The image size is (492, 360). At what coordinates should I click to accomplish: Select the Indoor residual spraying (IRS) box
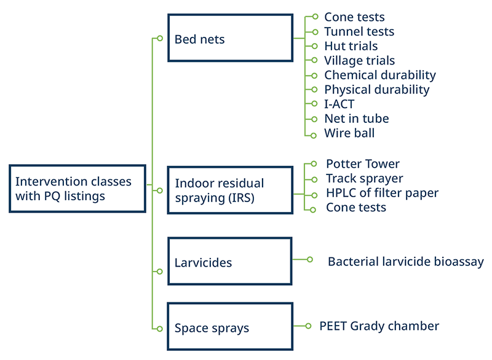pos(230,190)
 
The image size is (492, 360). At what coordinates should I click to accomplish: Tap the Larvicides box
pos(230,262)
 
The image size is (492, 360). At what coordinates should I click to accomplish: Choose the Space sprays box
pos(230,327)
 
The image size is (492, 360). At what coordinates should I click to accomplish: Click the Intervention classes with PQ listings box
pos(78,189)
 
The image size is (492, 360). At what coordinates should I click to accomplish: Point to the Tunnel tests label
pos(359,31)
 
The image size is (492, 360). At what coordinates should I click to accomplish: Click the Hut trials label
pos(351,46)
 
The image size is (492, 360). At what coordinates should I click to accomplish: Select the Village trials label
pos(359,60)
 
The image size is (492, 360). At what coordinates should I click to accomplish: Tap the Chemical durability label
pos(379,75)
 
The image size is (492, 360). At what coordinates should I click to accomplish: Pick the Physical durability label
pos(376,90)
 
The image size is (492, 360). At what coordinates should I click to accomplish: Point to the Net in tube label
pos(356,119)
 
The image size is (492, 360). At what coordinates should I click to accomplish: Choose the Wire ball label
pos(349,133)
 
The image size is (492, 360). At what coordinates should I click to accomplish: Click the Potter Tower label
pos(362,164)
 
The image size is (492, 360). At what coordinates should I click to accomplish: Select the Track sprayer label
pos(364,179)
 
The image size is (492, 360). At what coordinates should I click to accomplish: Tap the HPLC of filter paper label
pos(382,193)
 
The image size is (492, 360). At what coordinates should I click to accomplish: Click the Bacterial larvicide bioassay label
pos(405,262)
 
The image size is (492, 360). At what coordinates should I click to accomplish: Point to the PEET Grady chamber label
pos(379,326)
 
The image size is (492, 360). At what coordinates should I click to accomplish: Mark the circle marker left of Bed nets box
pos(159,38)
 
